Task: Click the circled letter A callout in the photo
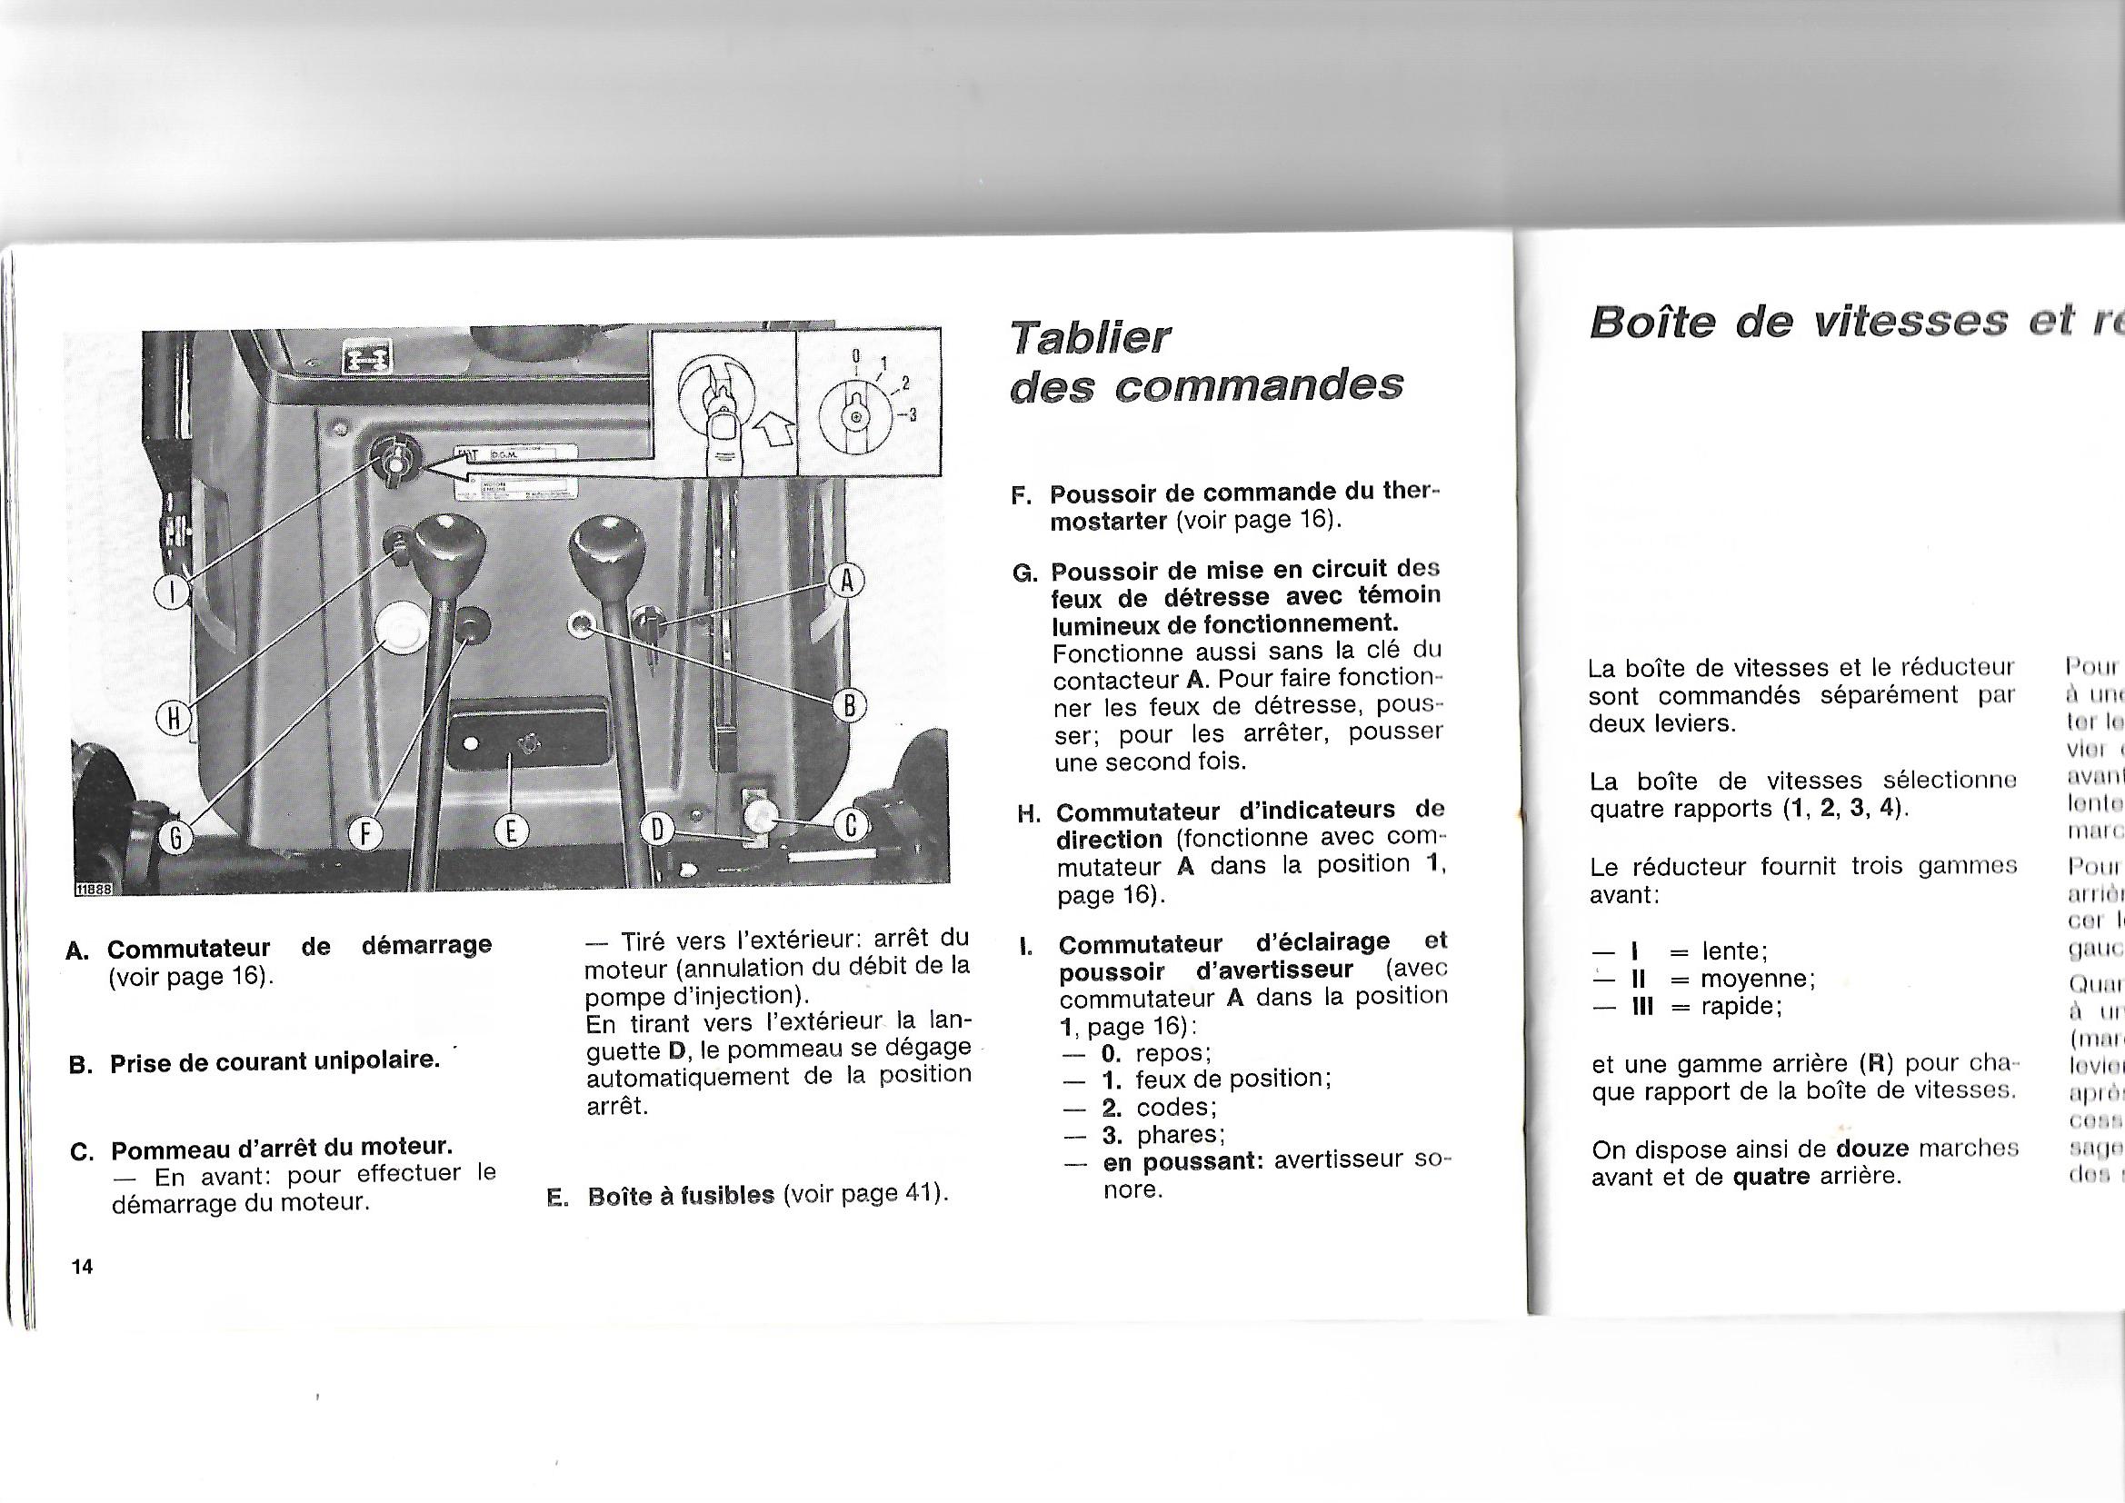coord(844,583)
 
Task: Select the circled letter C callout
coord(849,825)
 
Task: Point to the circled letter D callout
coord(657,831)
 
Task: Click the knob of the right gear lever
coord(605,558)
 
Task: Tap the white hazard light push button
coord(401,629)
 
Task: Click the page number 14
coord(83,1266)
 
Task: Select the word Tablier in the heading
coord(1091,338)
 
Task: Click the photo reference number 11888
coord(93,889)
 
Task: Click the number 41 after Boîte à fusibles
coord(918,1195)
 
